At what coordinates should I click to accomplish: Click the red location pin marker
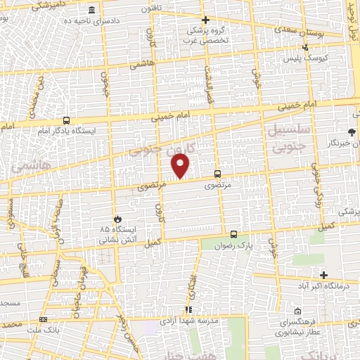(181, 166)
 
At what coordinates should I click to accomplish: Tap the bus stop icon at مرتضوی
(217, 174)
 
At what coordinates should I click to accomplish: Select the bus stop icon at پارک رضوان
(233, 235)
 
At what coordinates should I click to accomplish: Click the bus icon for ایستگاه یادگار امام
(65, 120)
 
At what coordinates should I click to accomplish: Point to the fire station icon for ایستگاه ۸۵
(117, 219)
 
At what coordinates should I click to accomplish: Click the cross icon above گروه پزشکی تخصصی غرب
(205, 20)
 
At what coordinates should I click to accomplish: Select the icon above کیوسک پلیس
(304, 47)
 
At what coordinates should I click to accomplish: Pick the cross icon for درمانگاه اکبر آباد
(323, 275)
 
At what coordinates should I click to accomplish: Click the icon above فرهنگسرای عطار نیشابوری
(299, 310)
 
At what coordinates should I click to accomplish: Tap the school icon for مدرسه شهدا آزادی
(188, 309)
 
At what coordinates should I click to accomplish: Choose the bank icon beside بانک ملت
(44, 319)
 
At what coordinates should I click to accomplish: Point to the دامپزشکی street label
(34, 6)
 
